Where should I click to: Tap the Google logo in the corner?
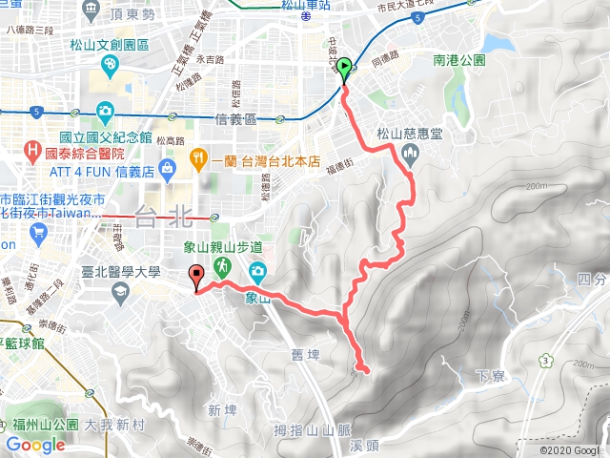click(x=35, y=445)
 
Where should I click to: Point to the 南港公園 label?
click(x=459, y=59)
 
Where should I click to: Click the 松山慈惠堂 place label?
click(x=410, y=135)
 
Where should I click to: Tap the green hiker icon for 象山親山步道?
click(x=221, y=266)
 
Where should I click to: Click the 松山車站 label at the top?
click(x=307, y=7)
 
